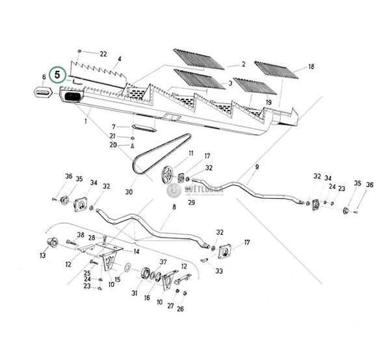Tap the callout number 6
click(x=44, y=78)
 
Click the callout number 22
click(x=103, y=53)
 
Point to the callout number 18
click(x=311, y=67)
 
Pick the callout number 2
click(x=242, y=64)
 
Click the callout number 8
click(x=174, y=208)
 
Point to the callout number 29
click(x=191, y=203)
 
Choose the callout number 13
click(x=43, y=256)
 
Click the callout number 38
click(x=81, y=235)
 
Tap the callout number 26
click(x=180, y=309)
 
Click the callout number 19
click(x=267, y=103)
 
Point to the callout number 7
click(x=114, y=126)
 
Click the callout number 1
click(x=85, y=121)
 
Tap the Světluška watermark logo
click(x=195, y=190)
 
